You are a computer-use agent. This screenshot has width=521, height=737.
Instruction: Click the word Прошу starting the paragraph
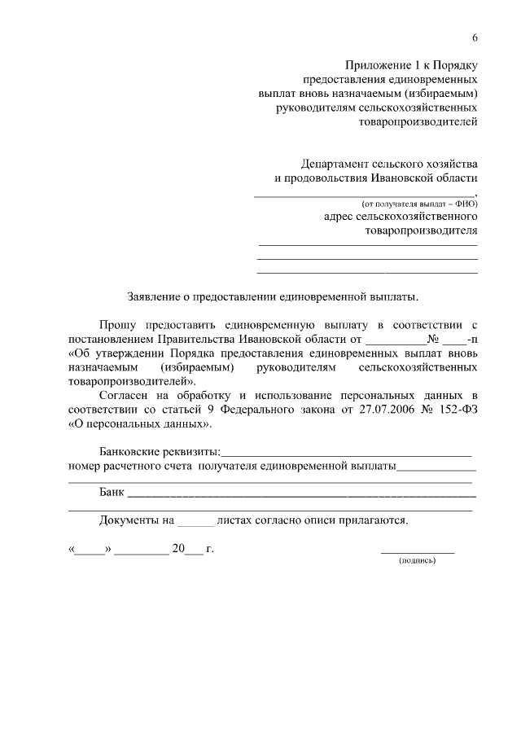117,325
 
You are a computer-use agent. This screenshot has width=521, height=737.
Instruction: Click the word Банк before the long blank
112,494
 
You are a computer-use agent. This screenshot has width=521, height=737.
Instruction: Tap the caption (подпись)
418,561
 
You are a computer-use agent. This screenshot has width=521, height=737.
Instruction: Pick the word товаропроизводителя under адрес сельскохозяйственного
421,231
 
